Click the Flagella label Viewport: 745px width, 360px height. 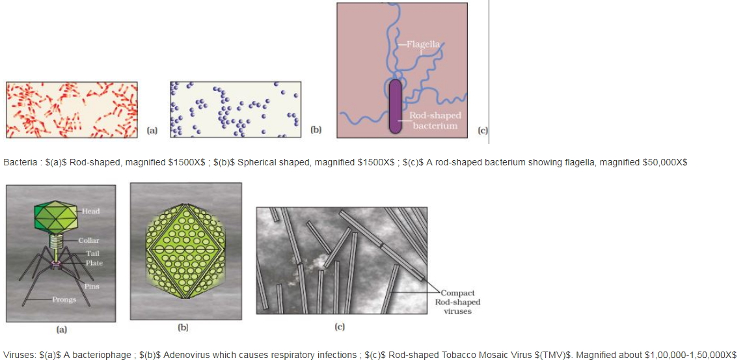[x=423, y=45]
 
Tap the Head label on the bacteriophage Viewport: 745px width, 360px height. [x=90, y=211]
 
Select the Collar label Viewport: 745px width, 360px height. [x=89, y=241]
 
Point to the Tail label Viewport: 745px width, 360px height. [x=92, y=253]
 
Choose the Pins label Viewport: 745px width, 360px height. [x=92, y=286]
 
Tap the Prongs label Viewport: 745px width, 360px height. [x=64, y=299]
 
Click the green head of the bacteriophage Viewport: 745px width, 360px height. [x=55, y=217]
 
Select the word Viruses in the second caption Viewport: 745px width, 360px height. [x=18, y=355]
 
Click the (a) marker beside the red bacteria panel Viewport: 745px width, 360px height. [x=152, y=130]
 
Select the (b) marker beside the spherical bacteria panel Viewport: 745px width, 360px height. [x=316, y=130]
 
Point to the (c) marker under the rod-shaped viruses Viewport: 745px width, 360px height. [x=340, y=327]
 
